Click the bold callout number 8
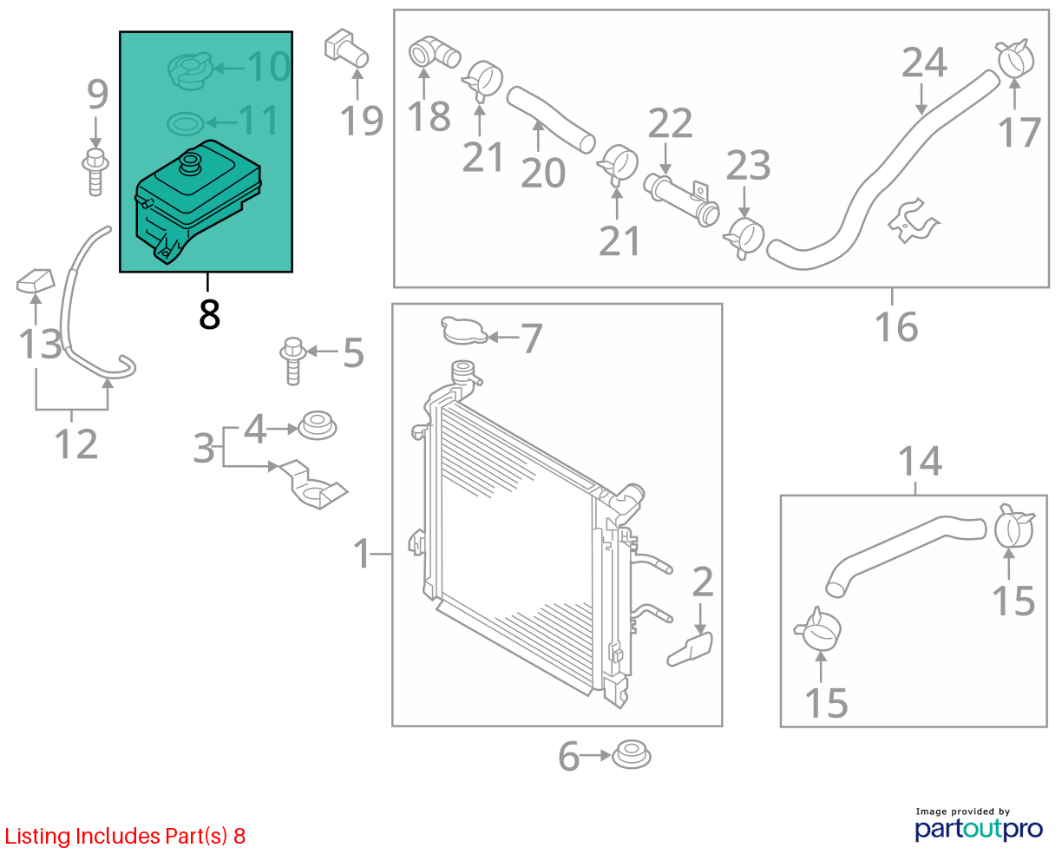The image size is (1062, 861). coord(209,314)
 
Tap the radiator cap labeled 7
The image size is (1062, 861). coord(463,331)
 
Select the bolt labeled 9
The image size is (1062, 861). coord(95,172)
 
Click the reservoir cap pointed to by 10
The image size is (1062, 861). coord(190,71)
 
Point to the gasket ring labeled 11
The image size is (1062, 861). coord(186,124)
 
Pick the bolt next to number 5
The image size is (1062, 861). coord(293,361)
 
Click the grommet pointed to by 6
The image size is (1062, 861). coord(632,754)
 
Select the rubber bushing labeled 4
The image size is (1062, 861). coord(317,425)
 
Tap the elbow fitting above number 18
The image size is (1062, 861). coord(435,52)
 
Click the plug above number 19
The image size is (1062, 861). coord(346,49)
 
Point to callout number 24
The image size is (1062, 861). coord(924,62)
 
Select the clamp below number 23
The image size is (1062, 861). coord(744,239)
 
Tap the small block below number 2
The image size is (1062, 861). coord(691,649)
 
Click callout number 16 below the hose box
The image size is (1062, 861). coord(896,327)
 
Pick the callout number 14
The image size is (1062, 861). coord(920,462)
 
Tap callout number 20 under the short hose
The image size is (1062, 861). coord(543,174)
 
